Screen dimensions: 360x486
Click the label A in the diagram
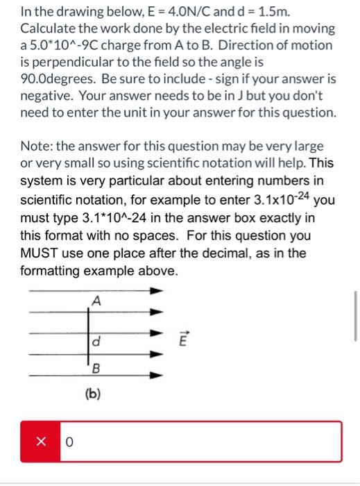[96, 301]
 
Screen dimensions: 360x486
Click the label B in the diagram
[96, 369]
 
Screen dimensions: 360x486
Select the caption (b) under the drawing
[93, 394]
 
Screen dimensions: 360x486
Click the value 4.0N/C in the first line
[184, 12]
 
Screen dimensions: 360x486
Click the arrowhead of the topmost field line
[159, 290]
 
